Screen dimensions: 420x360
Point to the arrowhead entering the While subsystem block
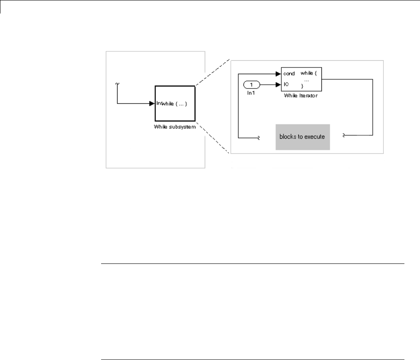[x=152, y=103]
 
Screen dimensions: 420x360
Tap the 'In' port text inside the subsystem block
[x=158, y=103]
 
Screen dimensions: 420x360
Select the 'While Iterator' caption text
[x=301, y=96]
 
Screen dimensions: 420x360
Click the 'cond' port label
[x=289, y=73]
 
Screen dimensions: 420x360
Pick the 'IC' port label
[x=286, y=84]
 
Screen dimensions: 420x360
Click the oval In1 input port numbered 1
[x=251, y=85]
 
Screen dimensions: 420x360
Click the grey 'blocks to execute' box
[x=302, y=137]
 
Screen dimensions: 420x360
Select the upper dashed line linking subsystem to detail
[x=212, y=72]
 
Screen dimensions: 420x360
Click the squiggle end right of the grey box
[x=344, y=135]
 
